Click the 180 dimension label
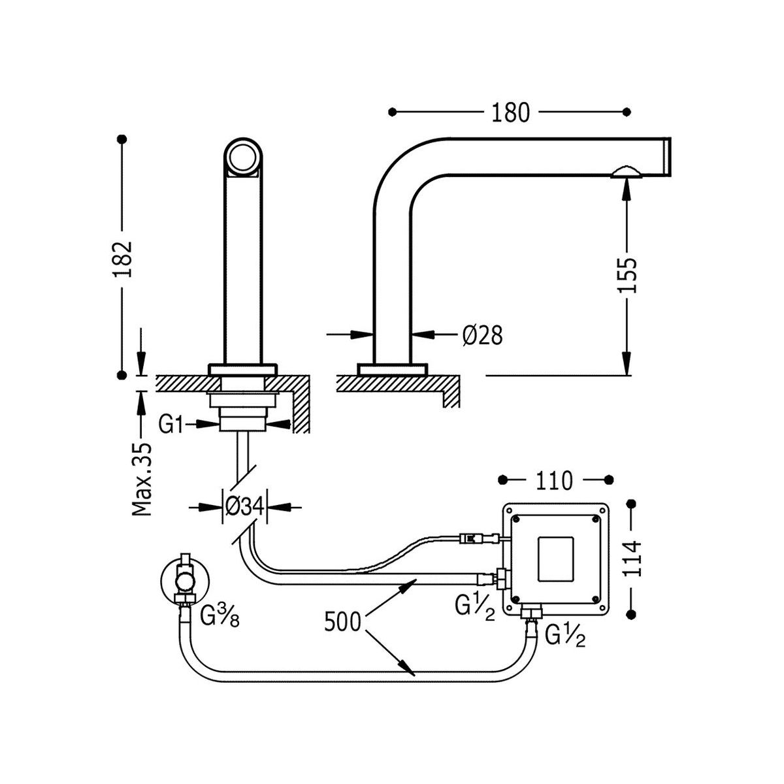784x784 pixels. tap(510, 112)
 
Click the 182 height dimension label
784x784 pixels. tap(123, 259)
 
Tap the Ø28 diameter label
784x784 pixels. tap(482, 335)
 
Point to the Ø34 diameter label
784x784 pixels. tap(244, 506)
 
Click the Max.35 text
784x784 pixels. tap(142, 479)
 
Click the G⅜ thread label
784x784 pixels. tap(219, 615)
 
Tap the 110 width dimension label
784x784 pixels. tap(555, 481)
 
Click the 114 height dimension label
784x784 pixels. tap(631, 559)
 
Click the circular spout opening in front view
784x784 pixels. tap(243, 156)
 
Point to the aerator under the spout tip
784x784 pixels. tap(627, 172)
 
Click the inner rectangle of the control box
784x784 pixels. tap(557, 559)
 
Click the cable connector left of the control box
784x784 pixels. tap(476, 539)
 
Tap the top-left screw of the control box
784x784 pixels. tap(517, 520)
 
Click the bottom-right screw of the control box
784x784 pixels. tap(595, 598)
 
